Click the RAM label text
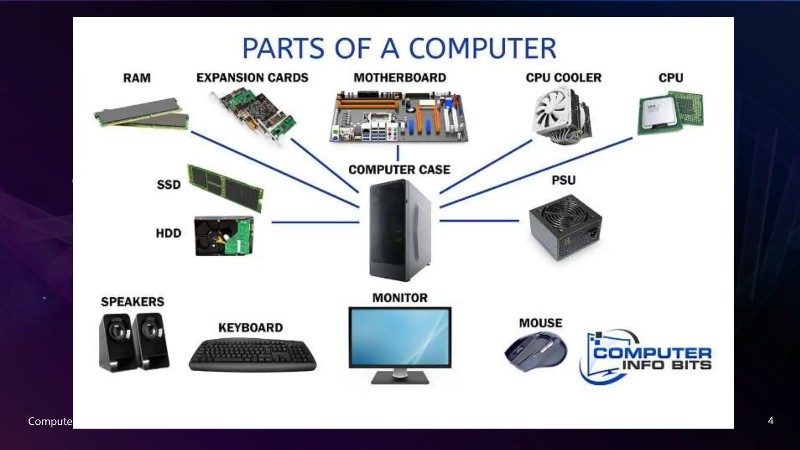(137, 78)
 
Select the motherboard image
(399, 117)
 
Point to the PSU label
(563, 180)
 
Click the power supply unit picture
(565, 227)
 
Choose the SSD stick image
(225, 187)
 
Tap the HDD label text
(168, 233)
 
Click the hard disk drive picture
(224, 236)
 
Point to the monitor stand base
(400, 378)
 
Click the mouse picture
(536, 351)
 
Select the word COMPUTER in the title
(482, 48)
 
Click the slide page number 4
(770, 420)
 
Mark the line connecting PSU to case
(479, 221)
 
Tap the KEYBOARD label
(250, 327)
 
